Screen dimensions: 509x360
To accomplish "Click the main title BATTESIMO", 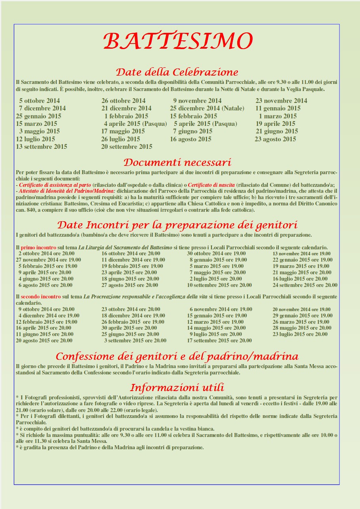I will pyautogui.click(x=178, y=41).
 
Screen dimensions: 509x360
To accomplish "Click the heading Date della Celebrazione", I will pyautogui.click(x=177, y=72).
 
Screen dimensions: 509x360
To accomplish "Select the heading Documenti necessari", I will pyautogui.click(x=177, y=163).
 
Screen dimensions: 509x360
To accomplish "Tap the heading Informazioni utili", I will pyautogui.click(x=177, y=387).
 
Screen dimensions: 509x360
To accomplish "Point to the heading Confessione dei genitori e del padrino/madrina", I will pyautogui.click(x=177, y=357).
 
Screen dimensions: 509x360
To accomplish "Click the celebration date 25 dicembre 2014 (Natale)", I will pyautogui.click(x=207, y=108).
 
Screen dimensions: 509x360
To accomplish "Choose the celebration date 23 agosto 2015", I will pyautogui.click(x=275, y=139).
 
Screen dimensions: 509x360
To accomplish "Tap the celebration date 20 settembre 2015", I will pyautogui.click(x=127, y=147).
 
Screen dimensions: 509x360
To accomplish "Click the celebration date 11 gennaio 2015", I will pyautogui.click(x=278, y=108).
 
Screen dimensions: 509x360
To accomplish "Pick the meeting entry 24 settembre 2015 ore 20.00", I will pyautogui.click(x=305, y=285).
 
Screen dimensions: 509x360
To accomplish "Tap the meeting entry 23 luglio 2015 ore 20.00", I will pyautogui.click(x=300, y=334).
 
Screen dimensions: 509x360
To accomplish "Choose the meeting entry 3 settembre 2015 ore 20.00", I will pyautogui.click(x=135, y=340).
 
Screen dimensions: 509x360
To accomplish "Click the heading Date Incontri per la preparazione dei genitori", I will pyautogui.click(x=177, y=225).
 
